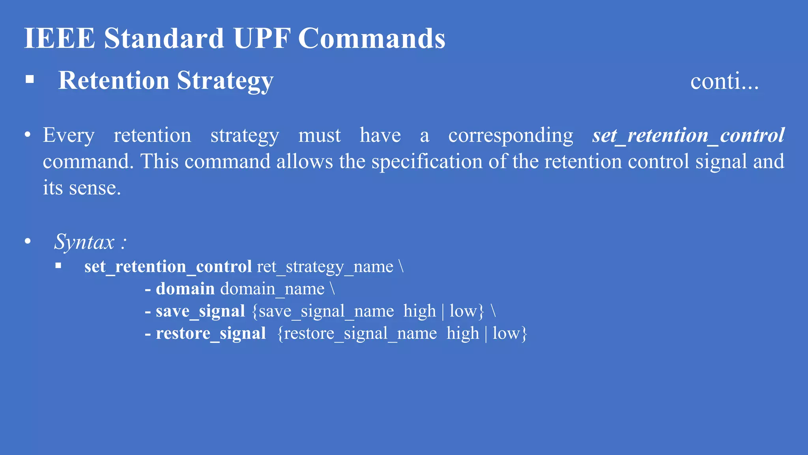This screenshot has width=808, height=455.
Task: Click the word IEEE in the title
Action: [60, 38]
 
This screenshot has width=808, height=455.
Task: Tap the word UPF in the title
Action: [262, 38]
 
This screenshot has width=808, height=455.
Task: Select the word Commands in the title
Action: [372, 38]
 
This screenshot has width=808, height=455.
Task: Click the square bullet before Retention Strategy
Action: [30, 79]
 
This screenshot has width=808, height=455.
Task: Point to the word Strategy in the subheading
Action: [225, 81]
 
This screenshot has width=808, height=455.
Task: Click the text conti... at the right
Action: [724, 81]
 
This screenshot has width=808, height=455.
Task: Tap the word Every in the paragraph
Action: [69, 135]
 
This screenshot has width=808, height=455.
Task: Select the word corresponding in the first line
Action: [511, 135]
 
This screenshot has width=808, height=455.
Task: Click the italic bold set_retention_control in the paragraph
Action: [688, 135]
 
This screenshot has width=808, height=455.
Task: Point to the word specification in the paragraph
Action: [427, 162]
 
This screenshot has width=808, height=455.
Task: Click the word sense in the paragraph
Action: [94, 188]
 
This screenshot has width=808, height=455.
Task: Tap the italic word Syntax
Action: [84, 242]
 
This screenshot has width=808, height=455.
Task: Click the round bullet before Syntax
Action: [28, 241]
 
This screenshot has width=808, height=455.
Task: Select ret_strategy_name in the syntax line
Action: [325, 267]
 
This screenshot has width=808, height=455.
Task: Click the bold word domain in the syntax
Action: [185, 289]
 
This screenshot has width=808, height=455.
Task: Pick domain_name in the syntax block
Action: [272, 289]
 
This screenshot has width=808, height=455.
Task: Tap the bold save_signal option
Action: [200, 311]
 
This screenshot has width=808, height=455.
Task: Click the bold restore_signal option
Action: [211, 333]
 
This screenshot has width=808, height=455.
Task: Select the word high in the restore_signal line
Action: [462, 333]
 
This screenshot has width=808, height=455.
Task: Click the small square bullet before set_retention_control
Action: [58, 266]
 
